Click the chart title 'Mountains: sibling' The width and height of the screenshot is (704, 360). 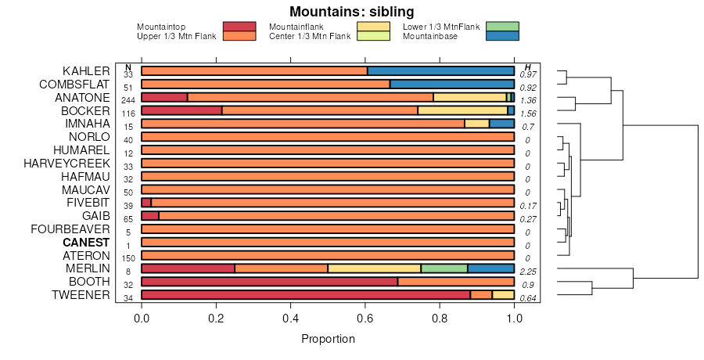pyautogui.click(x=351, y=12)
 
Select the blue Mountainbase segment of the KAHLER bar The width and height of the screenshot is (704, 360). pyautogui.click(x=440, y=71)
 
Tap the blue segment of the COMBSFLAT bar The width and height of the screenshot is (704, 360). pyautogui.click(x=451, y=85)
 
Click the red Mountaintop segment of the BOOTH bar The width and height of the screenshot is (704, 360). pyautogui.click(x=269, y=282)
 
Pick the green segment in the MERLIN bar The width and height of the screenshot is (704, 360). pyautogui.click(x=444, y=268)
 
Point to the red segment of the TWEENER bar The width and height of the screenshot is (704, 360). pyautogui.click(x=305, y=295)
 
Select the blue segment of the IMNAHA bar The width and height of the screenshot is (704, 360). pyautogui.click(x=501, y=124)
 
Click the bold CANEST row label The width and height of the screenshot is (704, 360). pyautogui.click(x=86, y=243)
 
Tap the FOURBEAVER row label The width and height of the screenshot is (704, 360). pyautogui.click(x=70, y=229)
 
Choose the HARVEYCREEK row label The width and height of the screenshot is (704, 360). pyautogui.click(x=66, y=164)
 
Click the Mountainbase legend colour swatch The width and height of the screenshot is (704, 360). pyautogui.click(x=501, y=36)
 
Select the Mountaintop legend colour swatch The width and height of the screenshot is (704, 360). pyautogui.click(x=239, y=27)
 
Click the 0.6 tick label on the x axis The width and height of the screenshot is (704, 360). pyautogui.click(x=365, y=319)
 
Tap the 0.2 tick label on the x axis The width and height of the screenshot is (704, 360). pyautogui.click(x=216, y=319)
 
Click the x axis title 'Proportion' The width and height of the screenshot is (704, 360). pyautogui.click(x=328, y=340)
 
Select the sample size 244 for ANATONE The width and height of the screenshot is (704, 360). pyautogui.click(x=128, y=99)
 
